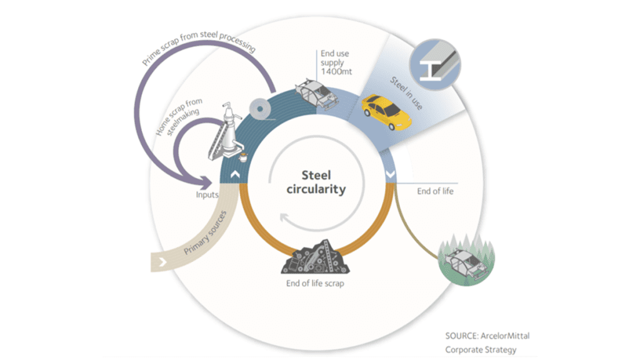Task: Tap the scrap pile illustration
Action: [x=315, y=256]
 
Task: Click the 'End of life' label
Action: [x=435, y=191]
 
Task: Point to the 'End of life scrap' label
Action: [x=314, y=283]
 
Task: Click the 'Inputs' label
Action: [x=207, y=194]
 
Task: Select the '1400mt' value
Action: [x=336, y=72]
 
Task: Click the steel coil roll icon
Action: [x=260, y=109]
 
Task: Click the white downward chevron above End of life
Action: [x=391, y=176]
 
